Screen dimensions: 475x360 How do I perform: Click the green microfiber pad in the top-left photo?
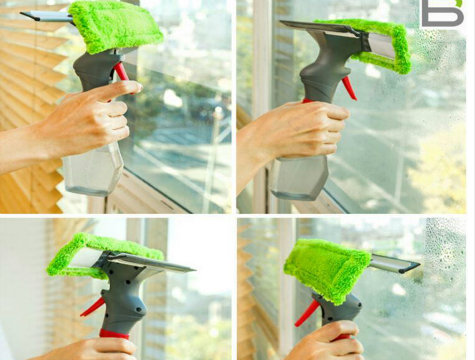click(x=115, y=27)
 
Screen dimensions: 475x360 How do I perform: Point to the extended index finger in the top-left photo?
click(x=119, y=89)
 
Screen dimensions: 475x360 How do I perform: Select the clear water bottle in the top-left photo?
click(x=93, y=172)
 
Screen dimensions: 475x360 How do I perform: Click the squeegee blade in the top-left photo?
click(x=47, y=16)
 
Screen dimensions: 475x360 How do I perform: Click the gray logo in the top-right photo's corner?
click(x=442, y=14)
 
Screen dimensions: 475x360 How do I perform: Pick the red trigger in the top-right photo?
click(x=349, y=88)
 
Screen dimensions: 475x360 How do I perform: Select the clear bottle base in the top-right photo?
click(x=300, y=178)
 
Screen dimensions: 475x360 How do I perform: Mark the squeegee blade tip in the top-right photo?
click(x=281, y=21)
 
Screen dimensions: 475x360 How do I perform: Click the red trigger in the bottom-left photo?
click(x=92, y=307)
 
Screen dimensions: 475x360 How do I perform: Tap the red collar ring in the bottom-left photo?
click(x=114, y=334)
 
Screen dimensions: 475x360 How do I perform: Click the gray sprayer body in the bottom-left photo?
click(x=124, y=297)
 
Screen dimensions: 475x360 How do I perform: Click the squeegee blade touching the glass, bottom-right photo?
click(x=395, y=263)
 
